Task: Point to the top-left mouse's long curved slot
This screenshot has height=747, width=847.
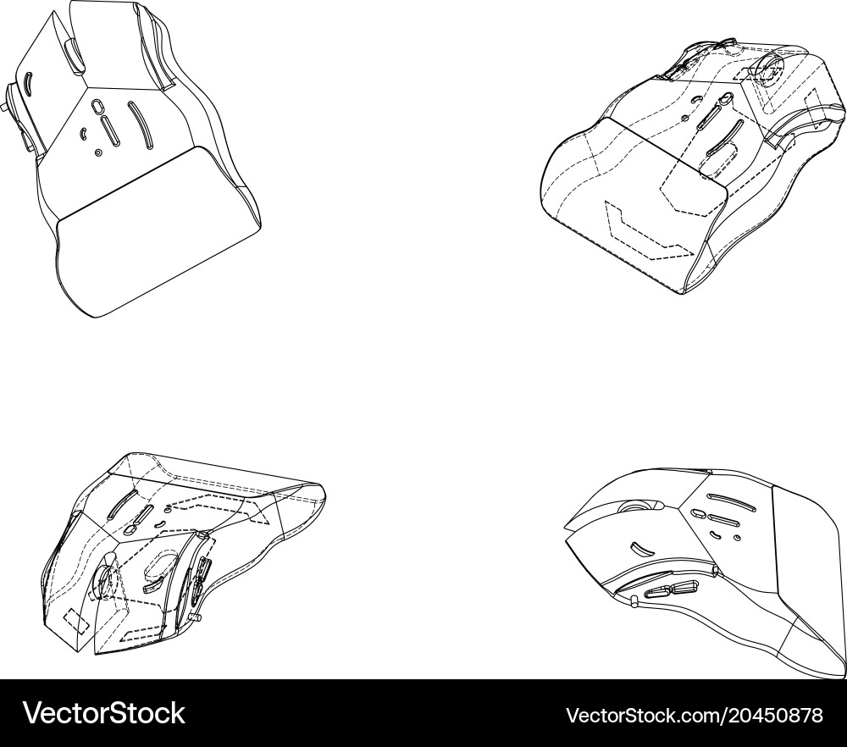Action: click(140, 125)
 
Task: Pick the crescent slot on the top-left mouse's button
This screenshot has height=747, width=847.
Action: click(29, 83)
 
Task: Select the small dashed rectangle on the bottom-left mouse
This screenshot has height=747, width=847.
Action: click(77, 621)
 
